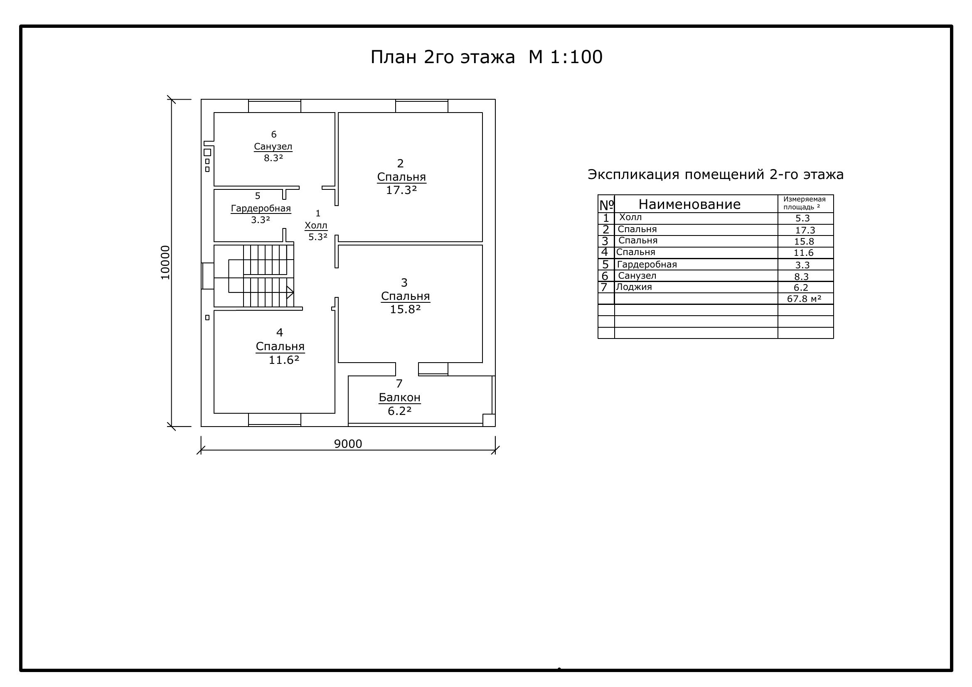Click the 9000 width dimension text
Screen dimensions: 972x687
[348, 444]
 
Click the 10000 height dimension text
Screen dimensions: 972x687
[165, 263]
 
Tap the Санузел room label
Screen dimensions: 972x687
[273, 146]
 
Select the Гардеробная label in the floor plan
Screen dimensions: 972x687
[261, 209]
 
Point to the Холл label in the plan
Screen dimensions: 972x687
[316, 226]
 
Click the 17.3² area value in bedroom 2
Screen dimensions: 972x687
[401, 190]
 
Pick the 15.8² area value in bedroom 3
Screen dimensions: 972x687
[405, 309]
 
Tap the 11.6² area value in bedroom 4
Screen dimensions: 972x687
[284, 360]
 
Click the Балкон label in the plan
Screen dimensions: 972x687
[400, 397]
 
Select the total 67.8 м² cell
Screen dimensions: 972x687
[805, 299]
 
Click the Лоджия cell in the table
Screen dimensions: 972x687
[634, 287]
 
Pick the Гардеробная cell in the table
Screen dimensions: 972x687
[647, 265]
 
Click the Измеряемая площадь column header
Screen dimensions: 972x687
[805, 203]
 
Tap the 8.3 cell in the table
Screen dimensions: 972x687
[801, 277]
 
